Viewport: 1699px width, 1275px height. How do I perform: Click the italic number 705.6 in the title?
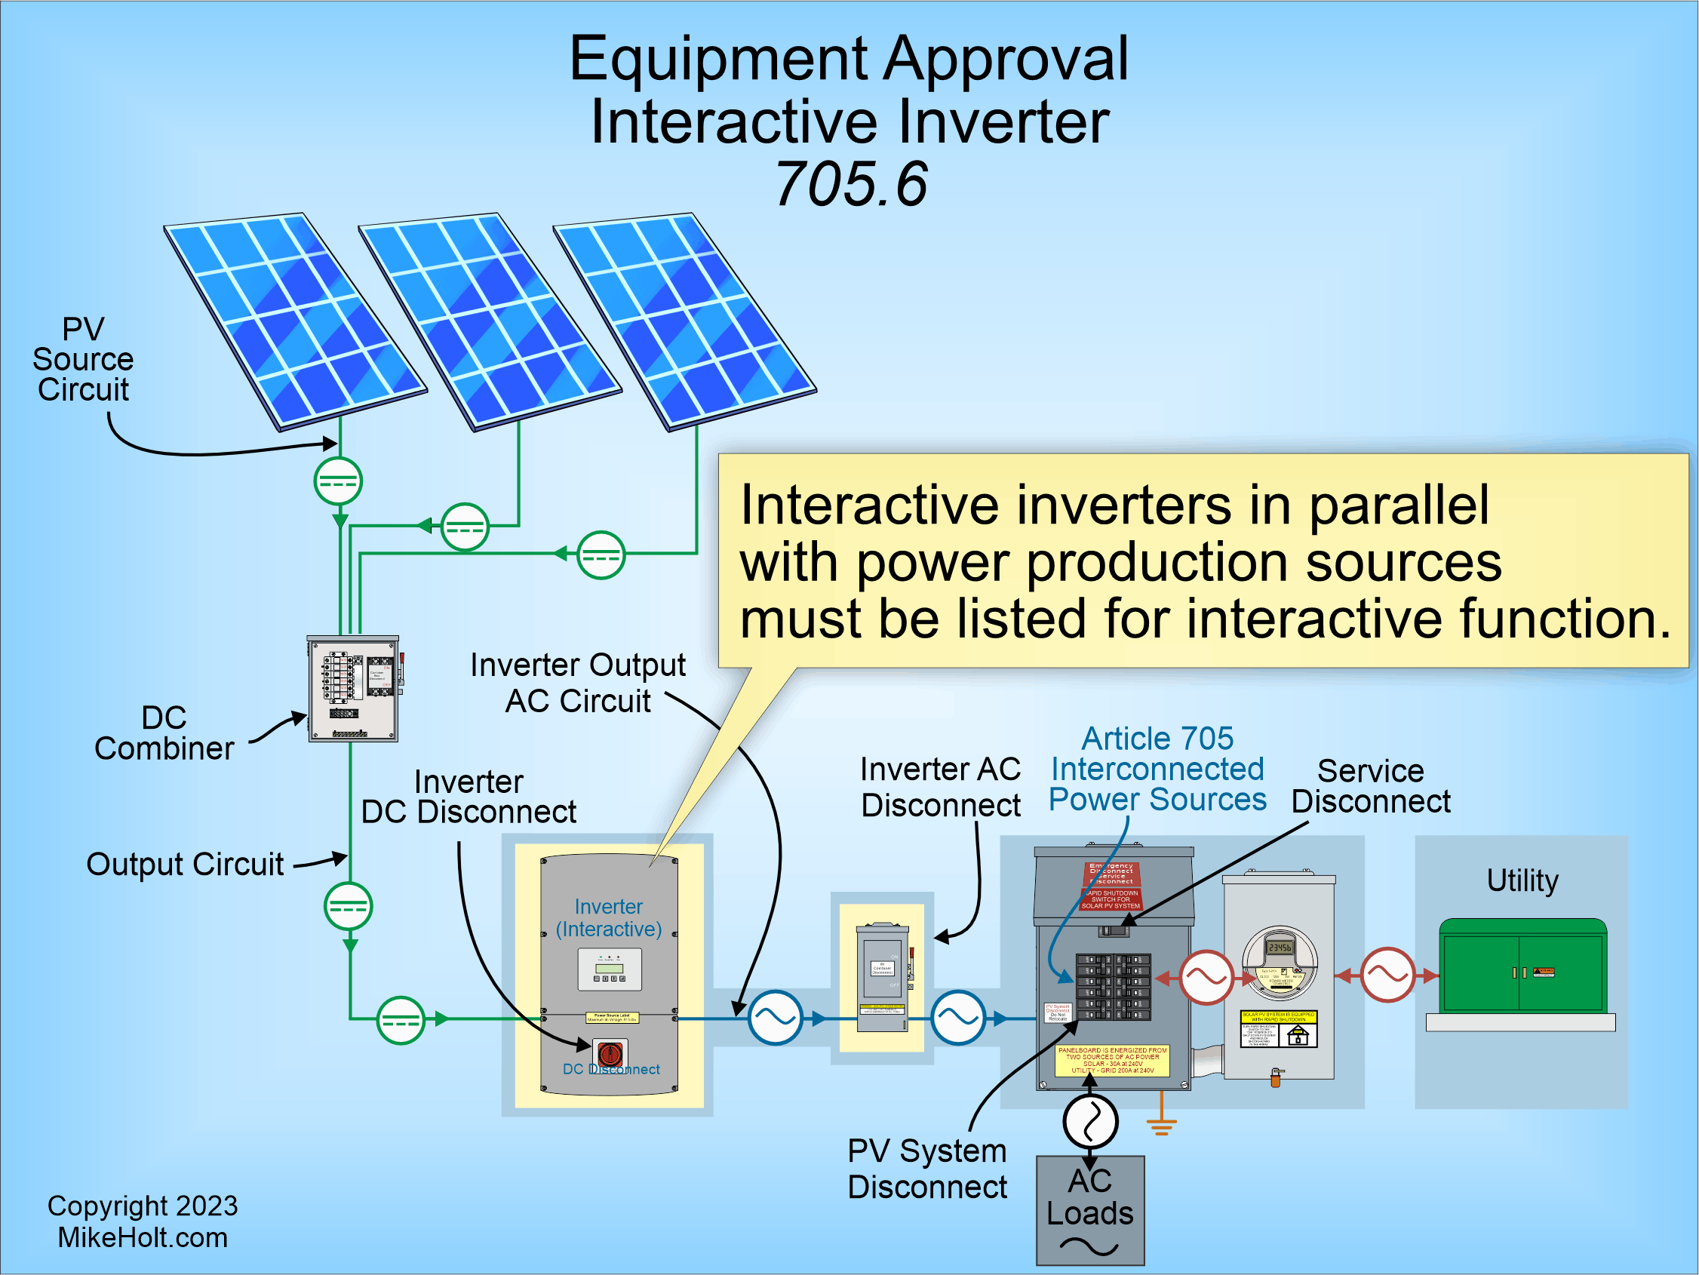pos(850,184)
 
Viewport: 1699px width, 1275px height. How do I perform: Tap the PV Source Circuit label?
pos(83,359)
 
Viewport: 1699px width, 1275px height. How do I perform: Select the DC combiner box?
pos(353,688)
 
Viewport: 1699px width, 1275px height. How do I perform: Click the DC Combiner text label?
pos(164,733)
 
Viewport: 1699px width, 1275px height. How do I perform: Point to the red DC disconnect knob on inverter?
pos(610,1053)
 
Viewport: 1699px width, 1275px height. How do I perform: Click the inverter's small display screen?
pos(609,969)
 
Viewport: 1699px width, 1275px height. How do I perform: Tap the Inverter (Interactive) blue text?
pos(608,918)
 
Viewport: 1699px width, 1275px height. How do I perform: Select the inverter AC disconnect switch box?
pos(883,977)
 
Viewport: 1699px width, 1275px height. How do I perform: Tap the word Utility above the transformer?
pos(1522,880)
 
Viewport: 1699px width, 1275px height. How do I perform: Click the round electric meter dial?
pos(1280,960)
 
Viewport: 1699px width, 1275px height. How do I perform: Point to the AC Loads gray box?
pos(1089,1209)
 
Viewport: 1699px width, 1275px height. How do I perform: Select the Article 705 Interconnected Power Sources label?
pos(1157,769)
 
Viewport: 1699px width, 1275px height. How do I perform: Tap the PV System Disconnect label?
pos(926,1168)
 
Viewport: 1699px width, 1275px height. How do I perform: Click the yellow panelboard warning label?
pos(1111,1060)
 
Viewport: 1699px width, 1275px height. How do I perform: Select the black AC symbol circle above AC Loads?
pos(1089,1120)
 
